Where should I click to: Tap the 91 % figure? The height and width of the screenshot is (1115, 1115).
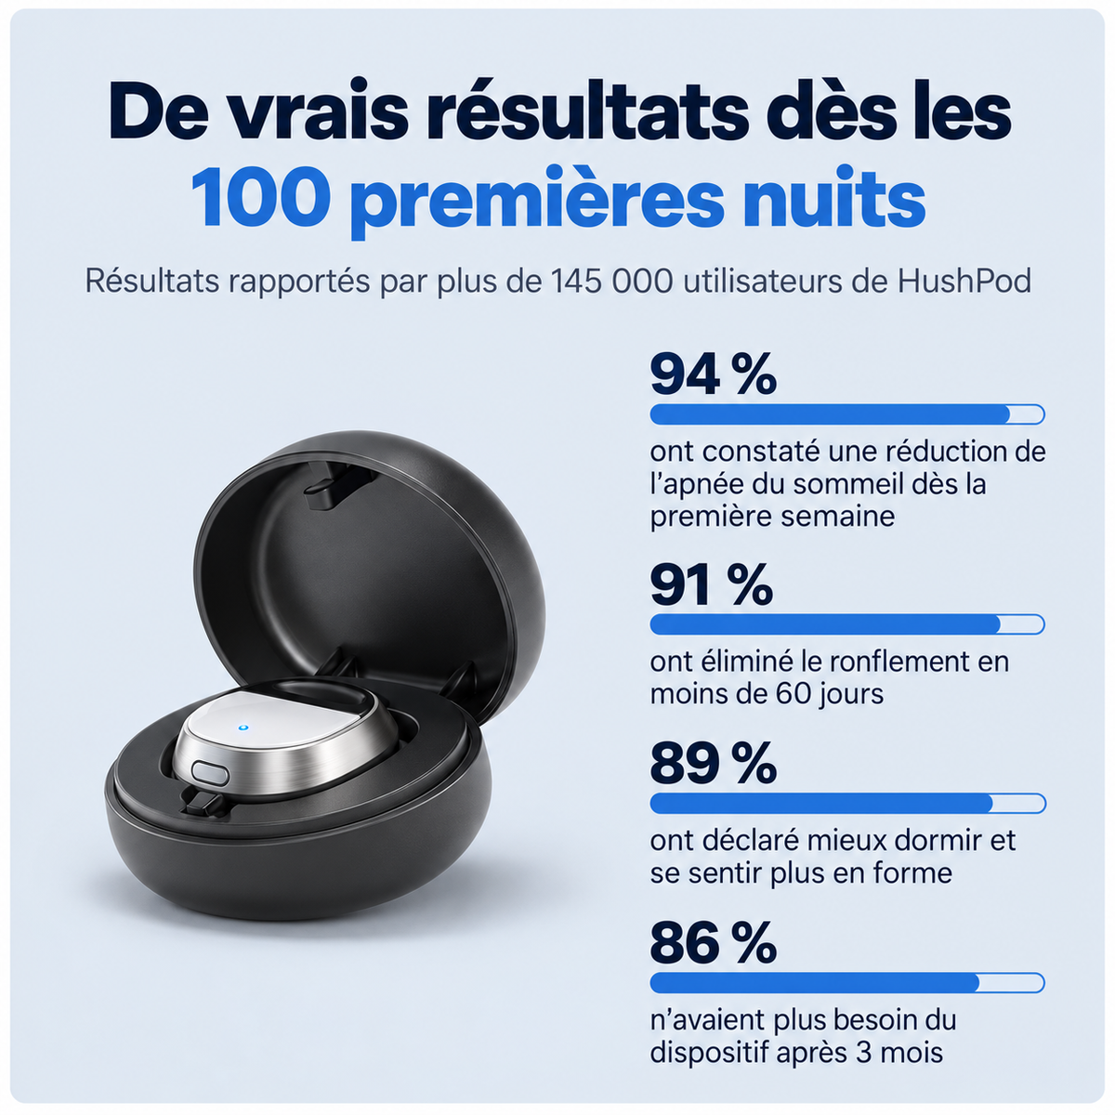click(x=711, y=584)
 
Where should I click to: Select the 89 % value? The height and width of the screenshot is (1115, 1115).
click(x=713, y=763)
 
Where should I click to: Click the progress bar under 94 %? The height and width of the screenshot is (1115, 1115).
click(x=847, y=414)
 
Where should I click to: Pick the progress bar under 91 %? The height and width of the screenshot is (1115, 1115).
click(x=847, y=624)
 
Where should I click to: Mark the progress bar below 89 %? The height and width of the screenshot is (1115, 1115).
click(x=847, y=804)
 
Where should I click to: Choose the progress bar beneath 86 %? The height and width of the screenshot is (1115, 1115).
click(x=847, y=983)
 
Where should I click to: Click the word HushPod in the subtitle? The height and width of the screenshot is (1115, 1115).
click(x=964, y=282)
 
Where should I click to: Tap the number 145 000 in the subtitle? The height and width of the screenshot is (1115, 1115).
click(x=611, y=282)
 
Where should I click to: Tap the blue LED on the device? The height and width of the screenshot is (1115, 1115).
click(x=243, y=728)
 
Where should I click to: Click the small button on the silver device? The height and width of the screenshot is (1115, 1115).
click(x=210, y=772)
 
